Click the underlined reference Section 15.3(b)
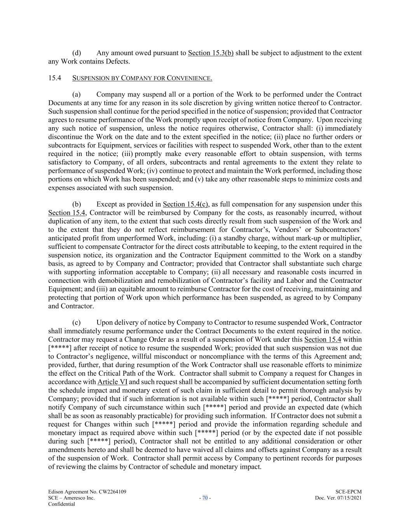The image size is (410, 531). [x=211, y=53]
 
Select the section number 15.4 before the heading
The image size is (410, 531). [x=54, y=78]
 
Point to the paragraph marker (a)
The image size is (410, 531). [x=77, y=95]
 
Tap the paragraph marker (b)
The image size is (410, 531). [x=77, y=204]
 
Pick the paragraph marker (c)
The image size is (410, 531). [x=77, y=322]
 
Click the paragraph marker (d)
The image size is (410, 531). [x=77, y=53]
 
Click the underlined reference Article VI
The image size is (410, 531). [x=112, y=382]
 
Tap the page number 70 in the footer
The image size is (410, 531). [x=205, y=498]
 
